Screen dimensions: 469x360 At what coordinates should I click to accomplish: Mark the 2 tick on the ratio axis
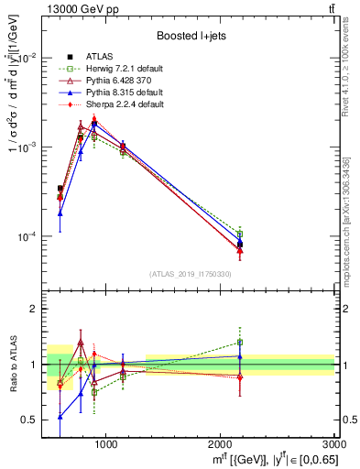click(x=36, y=309)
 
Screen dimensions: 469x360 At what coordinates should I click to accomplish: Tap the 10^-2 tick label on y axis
click(x=29, y=57)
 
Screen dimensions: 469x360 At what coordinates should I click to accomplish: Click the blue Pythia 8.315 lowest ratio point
click(x=60, y=416)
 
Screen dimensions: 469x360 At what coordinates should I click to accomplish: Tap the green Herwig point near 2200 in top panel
click(x=240, y=234)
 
